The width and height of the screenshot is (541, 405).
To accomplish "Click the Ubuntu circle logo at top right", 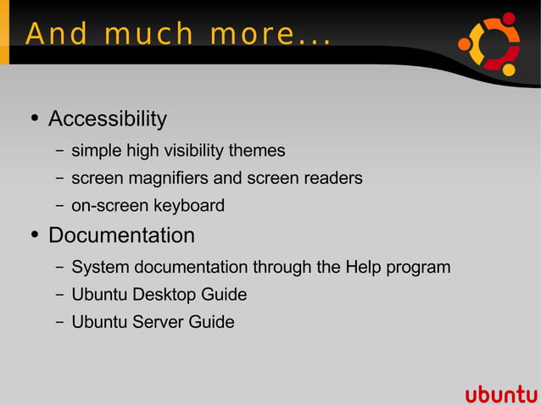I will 488,43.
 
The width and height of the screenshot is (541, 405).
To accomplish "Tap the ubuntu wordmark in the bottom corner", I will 501,394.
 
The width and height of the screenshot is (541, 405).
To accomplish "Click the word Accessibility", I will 107,119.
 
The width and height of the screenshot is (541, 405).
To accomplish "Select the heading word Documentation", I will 121,235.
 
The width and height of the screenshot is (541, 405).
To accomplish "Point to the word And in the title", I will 57,35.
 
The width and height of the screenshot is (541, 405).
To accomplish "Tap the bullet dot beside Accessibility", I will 34,119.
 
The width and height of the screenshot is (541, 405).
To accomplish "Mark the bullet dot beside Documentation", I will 34,235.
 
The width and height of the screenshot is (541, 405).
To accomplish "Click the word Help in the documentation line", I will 364,267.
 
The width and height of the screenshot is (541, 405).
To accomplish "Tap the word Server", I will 159,322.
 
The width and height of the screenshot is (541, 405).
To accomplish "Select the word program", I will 418,268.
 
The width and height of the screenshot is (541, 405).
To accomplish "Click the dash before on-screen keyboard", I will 59,206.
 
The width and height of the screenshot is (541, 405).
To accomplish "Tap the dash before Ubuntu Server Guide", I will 59,323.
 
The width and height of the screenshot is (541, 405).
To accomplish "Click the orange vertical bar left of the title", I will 4,32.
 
